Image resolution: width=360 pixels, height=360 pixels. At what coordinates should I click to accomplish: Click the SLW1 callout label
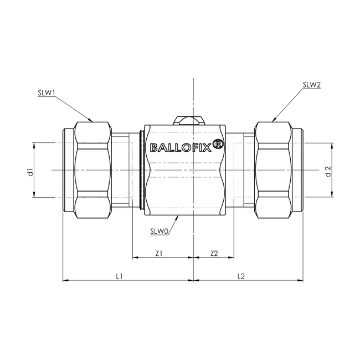(45, 94)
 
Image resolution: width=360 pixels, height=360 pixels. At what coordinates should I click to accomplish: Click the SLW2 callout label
(311, 85)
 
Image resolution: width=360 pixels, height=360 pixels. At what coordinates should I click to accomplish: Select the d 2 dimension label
(328, 171)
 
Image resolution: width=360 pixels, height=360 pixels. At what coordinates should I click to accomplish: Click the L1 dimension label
(119, 275)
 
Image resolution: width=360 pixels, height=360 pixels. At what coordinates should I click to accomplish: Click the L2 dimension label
(241, 275)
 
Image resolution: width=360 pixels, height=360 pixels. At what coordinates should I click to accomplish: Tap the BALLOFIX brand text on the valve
(181, 147)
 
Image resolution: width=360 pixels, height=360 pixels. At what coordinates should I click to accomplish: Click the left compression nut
(92, 169)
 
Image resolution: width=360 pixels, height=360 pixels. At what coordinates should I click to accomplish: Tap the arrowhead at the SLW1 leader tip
(90, 120)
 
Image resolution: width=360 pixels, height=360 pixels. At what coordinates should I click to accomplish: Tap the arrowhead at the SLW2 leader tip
(274, 119)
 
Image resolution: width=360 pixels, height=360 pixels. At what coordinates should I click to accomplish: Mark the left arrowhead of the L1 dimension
(65, 281)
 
